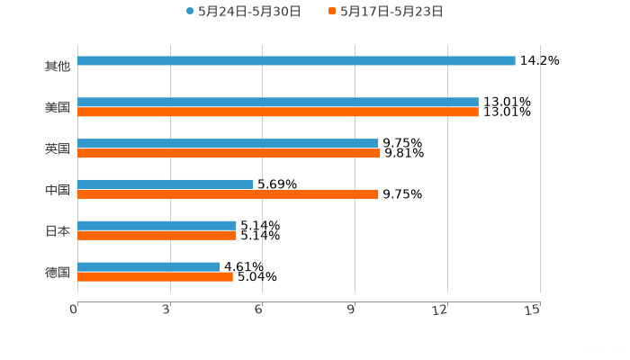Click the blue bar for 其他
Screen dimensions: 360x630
point(296,60)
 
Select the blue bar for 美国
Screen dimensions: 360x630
point(278,102)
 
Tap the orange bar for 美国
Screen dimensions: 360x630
point(278,112)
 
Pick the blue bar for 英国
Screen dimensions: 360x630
point(228,143)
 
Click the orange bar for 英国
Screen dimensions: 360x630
point(229,154)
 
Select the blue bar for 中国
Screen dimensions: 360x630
point(165,184)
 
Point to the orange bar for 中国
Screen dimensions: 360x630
point(228,194)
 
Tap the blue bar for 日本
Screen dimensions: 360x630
point(157,225)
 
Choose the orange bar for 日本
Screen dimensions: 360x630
point(157,236)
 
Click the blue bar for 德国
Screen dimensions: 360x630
point(148,266)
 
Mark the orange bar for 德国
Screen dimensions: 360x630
point(155,277)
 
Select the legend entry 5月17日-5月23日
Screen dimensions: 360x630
point(391,12)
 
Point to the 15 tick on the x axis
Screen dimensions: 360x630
point(532,310)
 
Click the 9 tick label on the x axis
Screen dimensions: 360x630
point(351,310)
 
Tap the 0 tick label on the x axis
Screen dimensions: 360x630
point(74,310)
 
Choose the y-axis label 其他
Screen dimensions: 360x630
point(57,67)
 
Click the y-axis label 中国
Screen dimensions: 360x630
point(57,190)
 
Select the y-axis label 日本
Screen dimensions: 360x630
point(57,231)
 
